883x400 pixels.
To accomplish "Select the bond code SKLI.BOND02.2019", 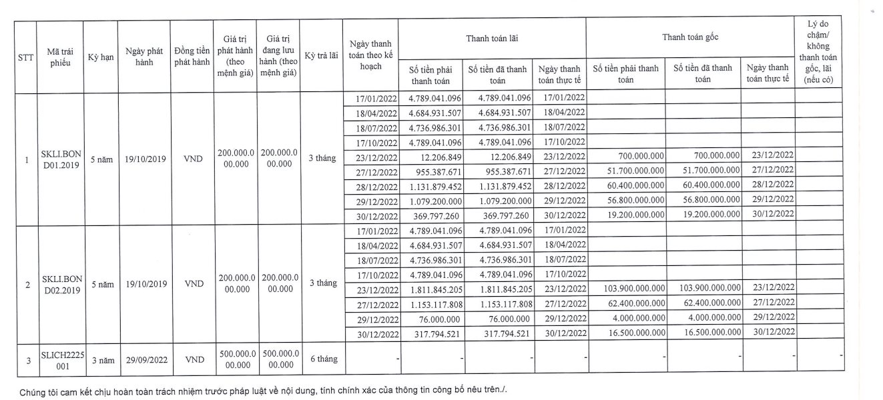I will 61,284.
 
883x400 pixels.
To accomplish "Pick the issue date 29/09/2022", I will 145,359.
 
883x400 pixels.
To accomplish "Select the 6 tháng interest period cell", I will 323,359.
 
